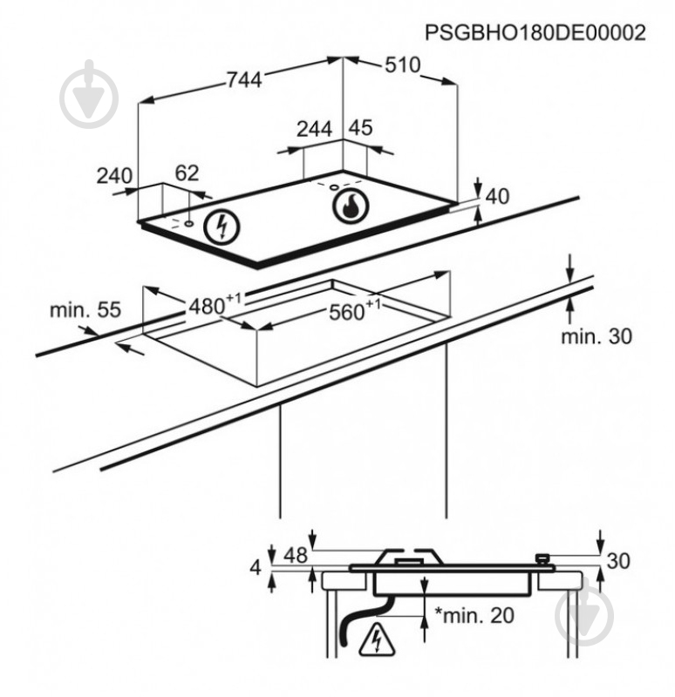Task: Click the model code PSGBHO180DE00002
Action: click(x=535, y=33)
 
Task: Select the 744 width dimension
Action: click(x=245, y=80)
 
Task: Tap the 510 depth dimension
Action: click(x=403, y=64)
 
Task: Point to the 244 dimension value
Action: click(x=315, y=129)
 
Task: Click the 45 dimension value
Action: click(x=360, y=128)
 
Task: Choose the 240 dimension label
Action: click(x=114, y=176)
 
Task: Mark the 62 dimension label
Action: click(x=187, y=173)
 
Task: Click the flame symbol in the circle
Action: click(x=351, y=206)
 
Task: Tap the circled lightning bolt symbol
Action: click(x=222, y=227)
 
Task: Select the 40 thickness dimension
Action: click(x=497, y=196)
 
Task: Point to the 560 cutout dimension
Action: click(x=355, y=310)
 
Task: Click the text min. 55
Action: click(x=85, y=310)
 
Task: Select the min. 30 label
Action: click(x=597, y=336)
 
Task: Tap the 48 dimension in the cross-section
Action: click(x=296, y=555)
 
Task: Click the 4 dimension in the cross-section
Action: click(x=256, y=568)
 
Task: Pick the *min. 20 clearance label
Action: click(x=474, y=615)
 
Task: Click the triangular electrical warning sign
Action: click(x=377, y=639)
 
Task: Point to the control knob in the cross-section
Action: click(x=542, y=559)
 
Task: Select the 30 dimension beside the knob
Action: click(x=618, y=561)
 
